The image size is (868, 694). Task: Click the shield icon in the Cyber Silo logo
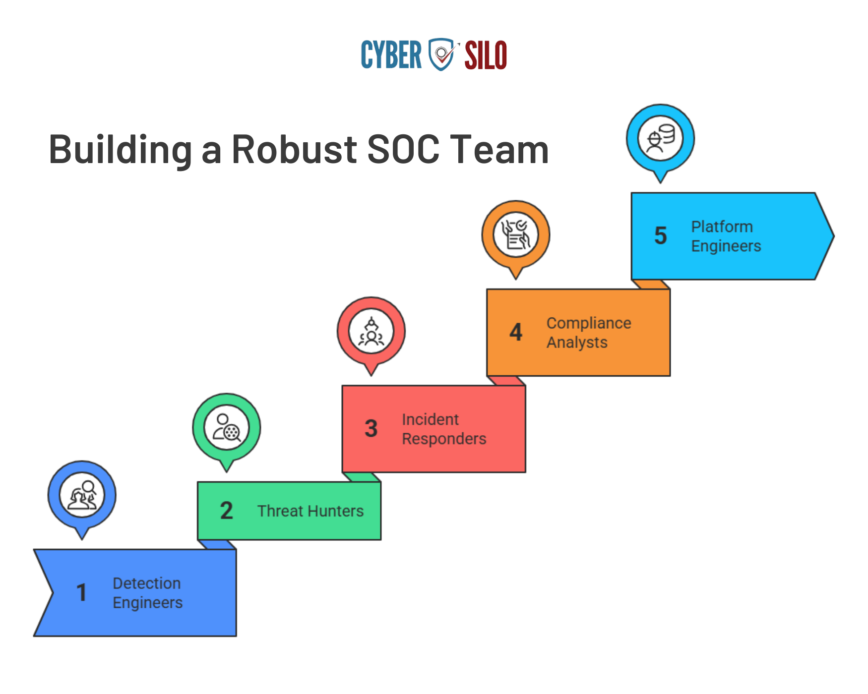point(440,54)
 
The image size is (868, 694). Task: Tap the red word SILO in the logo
point(486,56)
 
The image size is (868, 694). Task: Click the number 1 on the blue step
point(82,592)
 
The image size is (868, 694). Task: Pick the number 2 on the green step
point(226,511)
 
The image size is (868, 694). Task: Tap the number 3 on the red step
point(371,429)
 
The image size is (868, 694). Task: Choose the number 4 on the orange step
point(516,332)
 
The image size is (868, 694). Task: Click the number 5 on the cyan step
point(660,235)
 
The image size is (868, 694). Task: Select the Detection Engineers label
point(147,593)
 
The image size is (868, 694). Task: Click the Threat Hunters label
point(310,511)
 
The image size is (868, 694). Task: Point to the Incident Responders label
point(444,429)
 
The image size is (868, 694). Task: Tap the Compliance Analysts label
point(589,333)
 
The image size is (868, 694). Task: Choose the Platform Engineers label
point(726,236)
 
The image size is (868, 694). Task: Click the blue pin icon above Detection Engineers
point(82,495)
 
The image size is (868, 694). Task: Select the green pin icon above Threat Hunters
point(227,428)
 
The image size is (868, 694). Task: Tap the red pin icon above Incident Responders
point(371,331)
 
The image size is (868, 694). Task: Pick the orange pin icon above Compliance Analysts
point(516,234)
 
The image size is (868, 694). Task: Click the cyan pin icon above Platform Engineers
point(660,138)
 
